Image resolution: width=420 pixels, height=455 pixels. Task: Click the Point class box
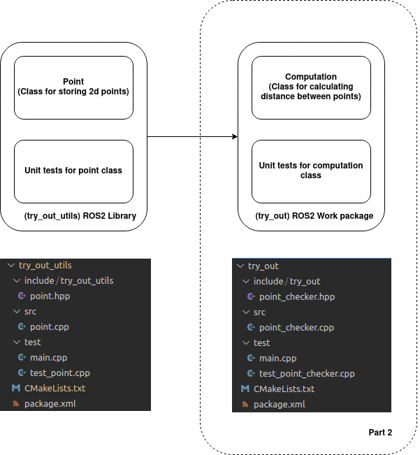73,87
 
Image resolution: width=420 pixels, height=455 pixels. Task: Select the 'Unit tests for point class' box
73,171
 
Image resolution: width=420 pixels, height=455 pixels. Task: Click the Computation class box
311,87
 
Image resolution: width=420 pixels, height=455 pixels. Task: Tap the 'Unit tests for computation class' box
311,171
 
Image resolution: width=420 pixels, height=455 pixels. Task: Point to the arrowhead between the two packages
234,136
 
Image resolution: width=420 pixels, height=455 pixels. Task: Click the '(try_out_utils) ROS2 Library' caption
80,216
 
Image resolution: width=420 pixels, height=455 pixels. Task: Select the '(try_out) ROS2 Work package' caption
314,216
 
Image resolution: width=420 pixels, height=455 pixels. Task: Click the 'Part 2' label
380,433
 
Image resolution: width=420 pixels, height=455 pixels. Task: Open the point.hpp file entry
50,296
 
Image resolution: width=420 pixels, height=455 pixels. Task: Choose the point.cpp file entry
49,327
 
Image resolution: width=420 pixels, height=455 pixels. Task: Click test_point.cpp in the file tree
59,373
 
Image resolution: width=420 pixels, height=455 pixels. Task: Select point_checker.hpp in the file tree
296,297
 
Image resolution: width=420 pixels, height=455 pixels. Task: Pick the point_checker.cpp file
296,328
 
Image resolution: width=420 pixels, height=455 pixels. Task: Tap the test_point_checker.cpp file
306,374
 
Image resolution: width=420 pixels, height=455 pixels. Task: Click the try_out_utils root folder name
45,266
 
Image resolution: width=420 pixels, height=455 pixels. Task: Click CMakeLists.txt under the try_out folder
284,389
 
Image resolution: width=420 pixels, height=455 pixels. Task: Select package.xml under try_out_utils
50,404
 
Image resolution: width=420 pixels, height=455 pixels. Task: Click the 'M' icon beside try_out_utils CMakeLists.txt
15,389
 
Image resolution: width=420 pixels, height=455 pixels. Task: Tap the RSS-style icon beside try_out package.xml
245,405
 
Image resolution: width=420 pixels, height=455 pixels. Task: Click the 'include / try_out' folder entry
287,282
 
